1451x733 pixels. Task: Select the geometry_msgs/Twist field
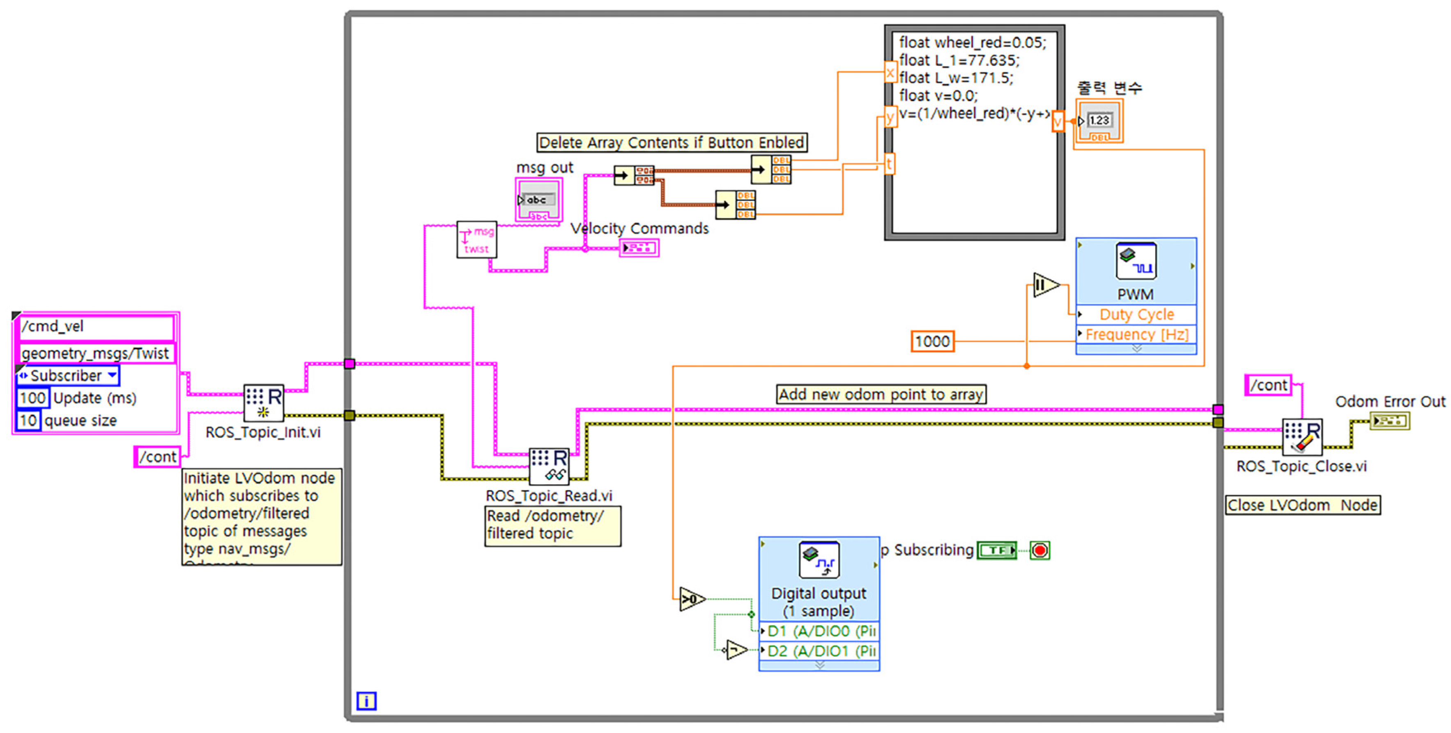(x=94, y=354)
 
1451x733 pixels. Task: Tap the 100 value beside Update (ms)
(x=32, y=398)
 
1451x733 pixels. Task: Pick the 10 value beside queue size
(x=28, y=421)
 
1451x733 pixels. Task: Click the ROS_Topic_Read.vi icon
(x=549, y=466)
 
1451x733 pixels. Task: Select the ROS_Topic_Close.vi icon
(x=1302, y=437)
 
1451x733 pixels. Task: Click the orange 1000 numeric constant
(x=932, y=341)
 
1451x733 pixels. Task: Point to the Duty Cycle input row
(x=1136, y=314)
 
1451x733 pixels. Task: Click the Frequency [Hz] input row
(x=1136, y=335)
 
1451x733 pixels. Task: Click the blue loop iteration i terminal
(x=366, y=701)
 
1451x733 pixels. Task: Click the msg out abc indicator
(x=538, y=201)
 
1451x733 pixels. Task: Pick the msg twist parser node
(x=476, y=240)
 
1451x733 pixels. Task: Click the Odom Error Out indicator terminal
(x=1390, y=421)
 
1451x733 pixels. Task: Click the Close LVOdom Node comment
(x=1302, y=505)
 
